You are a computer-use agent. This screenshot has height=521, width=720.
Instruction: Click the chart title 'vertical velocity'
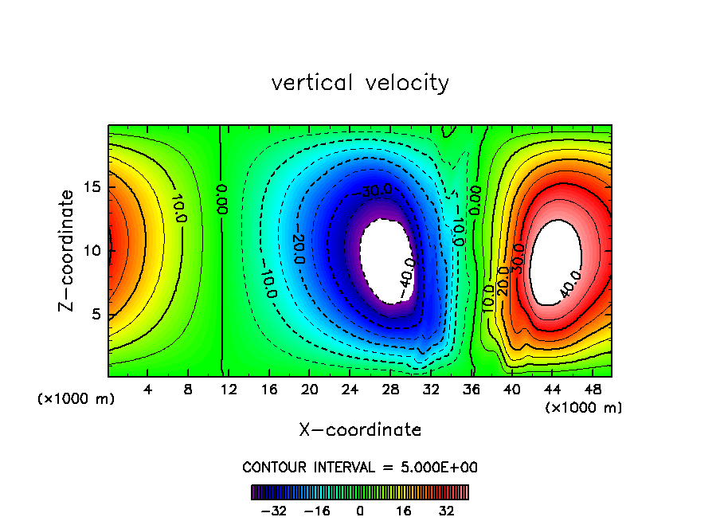[360, 83]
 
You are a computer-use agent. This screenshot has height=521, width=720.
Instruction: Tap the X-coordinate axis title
[360, 430]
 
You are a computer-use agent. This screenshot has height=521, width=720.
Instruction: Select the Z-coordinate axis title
[68, 250]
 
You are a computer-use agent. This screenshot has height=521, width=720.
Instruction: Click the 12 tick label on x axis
[228, 390]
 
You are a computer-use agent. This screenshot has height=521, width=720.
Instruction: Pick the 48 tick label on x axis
[592, 390]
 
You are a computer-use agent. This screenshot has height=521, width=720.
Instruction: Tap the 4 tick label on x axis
[147, 390]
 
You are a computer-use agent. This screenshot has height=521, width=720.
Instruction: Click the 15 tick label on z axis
[92, 187]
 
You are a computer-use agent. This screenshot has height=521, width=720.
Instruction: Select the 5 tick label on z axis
[96, 314]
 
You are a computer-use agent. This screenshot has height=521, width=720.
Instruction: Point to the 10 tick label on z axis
[92, 250]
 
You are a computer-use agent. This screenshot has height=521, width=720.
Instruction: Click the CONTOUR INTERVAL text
[360, 467]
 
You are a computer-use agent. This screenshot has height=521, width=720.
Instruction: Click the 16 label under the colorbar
[402, 510]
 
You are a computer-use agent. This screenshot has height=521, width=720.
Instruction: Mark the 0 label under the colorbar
[360, 510]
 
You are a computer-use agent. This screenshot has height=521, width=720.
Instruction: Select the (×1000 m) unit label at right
[584, 408]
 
